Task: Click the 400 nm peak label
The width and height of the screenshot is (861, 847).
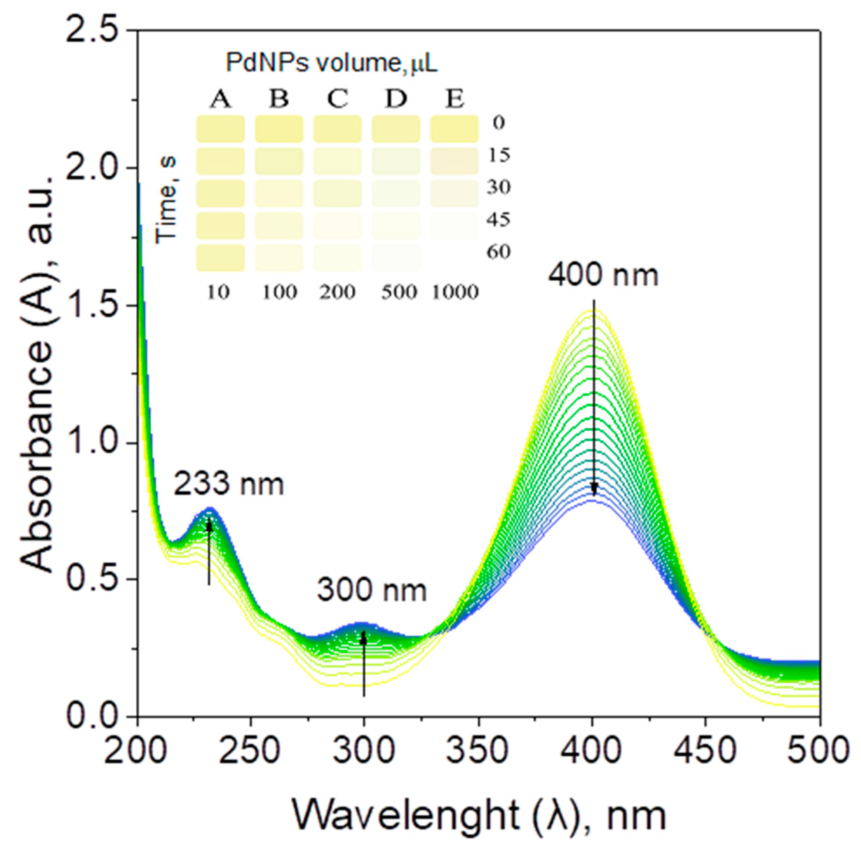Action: coord(602,275)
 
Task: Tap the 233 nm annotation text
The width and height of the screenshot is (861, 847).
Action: coord(229,484)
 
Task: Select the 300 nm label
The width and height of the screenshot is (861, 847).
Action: coord(371,591)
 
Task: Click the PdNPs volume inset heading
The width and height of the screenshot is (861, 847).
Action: coord(331,63)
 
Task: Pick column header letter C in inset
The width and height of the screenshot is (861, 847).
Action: coord(337,99)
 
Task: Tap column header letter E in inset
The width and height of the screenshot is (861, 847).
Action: coord(455,99)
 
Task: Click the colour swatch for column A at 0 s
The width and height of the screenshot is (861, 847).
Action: coord(220,129)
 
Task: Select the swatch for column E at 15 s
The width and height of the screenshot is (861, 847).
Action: coord(454,161)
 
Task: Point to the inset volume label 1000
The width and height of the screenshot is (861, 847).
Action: coord(455,292)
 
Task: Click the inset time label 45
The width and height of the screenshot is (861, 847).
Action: coord(498,220)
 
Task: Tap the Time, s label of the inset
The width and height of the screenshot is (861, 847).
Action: coord(167,200)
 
